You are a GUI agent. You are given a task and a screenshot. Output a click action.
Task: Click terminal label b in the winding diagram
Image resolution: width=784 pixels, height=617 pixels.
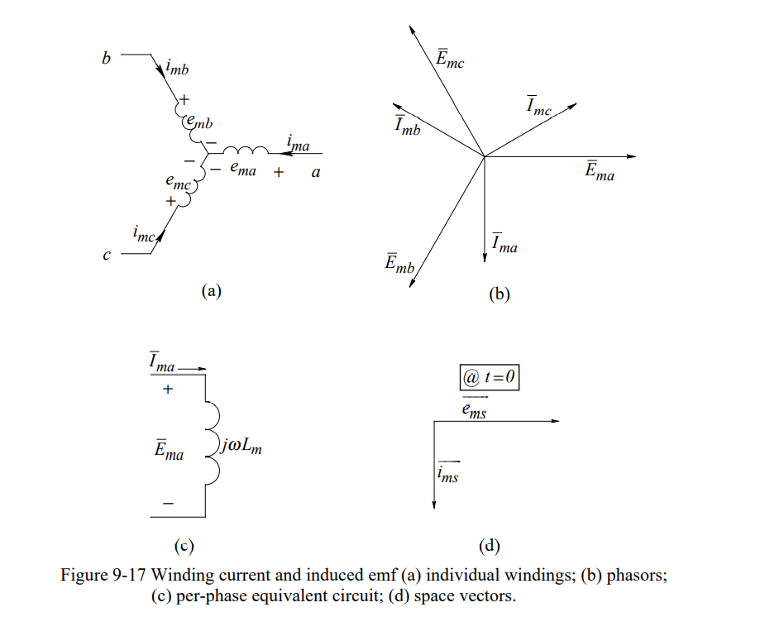105,59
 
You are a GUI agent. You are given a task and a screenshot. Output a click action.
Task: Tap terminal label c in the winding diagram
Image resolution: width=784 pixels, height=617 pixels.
106,256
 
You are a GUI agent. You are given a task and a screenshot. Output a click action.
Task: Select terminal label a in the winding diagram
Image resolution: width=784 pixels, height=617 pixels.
315,173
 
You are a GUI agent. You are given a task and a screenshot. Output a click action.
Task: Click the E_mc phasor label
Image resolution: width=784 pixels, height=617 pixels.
450,59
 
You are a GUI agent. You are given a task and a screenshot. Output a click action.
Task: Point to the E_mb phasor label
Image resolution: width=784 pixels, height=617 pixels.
400,264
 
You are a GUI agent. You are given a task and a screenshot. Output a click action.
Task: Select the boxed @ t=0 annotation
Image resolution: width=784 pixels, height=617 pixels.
490,378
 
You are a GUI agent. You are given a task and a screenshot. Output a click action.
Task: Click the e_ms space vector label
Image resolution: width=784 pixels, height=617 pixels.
474,409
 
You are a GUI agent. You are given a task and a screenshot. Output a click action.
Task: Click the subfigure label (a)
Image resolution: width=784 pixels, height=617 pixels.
212,290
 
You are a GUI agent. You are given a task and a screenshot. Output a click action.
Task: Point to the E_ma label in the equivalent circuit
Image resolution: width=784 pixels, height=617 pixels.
170,451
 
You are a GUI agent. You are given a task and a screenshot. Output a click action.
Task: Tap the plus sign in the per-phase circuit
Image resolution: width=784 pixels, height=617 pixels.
168,390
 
